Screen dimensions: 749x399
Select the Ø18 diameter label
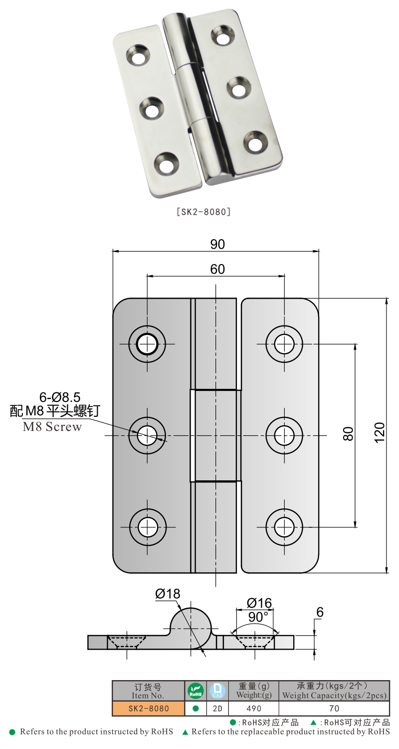pyautogui.click(x=168, y=594)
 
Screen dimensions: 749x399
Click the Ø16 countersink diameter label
pyautogui.click(x=259, y=603)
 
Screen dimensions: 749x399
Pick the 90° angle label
pyautogui.click(x=258, y=617)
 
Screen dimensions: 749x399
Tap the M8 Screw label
pyautogui.click(x=52, y=427)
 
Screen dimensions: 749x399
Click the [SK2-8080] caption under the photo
pyautogui.click(x=203, y=212)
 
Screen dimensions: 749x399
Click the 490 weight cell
pyautogui.click(x=254, y=708)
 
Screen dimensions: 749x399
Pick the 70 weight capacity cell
pyautogui.click(x=334, y=708)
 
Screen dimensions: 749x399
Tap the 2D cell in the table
pyautogui.click(x=217, y=708)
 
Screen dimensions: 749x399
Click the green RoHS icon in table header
pyautogui.click(x=196, y=691)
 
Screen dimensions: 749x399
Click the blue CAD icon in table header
pyautogui.click(x=217, y=691)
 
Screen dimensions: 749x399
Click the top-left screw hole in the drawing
pyautogui.click(x=147, y=344)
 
